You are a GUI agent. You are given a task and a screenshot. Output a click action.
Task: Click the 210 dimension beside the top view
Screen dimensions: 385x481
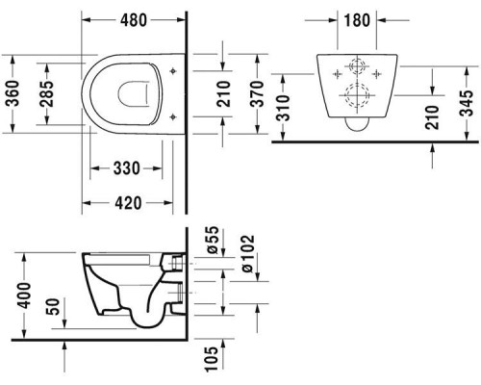223,94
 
